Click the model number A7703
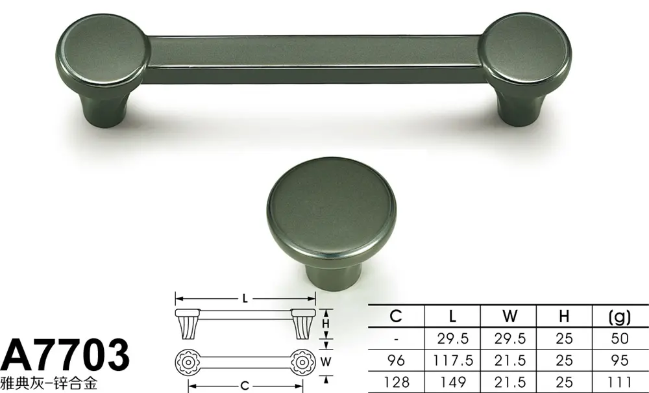coord(65,355)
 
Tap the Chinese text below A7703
coord(49,383)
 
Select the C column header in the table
coord(396,316)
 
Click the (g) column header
coord(620,317)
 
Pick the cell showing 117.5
coord(453,361)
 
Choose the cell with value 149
coord(453,381)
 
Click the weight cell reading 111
coord(620,381)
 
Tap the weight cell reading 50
coord(620,338)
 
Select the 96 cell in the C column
coord(396,361)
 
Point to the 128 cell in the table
coord(396,381)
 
